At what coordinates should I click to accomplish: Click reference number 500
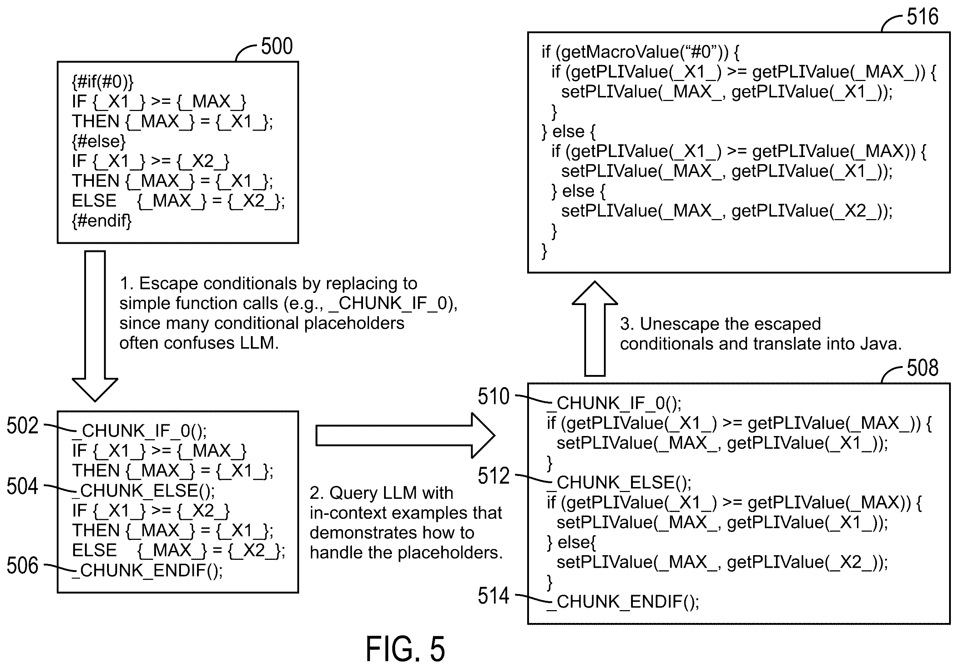pos(277,46)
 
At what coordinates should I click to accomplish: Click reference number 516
pos(923,17)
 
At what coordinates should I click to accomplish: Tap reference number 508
pos(923,368)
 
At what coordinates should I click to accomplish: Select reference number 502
pos(22,426)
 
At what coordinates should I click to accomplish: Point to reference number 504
pos(22,486)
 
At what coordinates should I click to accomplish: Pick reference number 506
pos(22,566)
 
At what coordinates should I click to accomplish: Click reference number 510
pos(494,396)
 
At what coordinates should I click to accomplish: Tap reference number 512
pos(494,476)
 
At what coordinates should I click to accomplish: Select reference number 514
pos(494,595)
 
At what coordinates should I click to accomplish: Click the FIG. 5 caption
pos(405,649)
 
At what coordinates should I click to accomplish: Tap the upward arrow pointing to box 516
pos(595,329)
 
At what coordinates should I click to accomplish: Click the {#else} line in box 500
pos(99,141)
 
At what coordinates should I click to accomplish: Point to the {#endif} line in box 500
pos(102,220)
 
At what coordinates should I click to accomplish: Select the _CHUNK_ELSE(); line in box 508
pos(619,482)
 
